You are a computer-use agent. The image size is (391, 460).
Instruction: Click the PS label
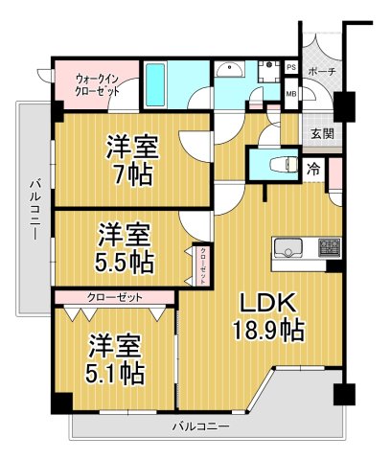click(290, 68)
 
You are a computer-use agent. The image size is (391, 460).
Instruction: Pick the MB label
click(290, 93)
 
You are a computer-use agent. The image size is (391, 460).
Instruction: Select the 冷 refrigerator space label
click(314, 168)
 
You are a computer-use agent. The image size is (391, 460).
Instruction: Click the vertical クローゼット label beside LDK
click(202, 261)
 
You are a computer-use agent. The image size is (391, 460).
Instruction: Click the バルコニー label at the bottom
click(200, 424)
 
